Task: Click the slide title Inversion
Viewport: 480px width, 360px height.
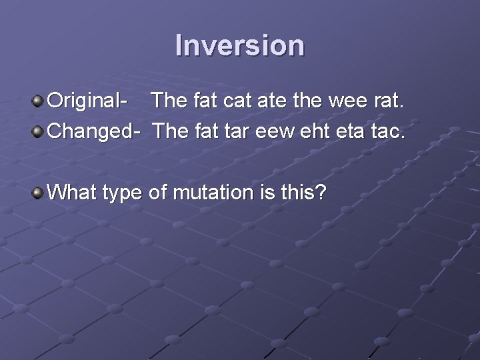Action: click(x=240, y=45)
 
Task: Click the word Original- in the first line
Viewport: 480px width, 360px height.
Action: click(x=89, y=102)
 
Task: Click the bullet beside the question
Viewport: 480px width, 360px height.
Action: click(x=39, y=193)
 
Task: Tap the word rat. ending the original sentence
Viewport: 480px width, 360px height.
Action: click(x=391, y=102)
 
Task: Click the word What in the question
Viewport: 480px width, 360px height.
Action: click(x=73, y=193)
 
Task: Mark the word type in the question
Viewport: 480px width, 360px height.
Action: click(x=123, y=195)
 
